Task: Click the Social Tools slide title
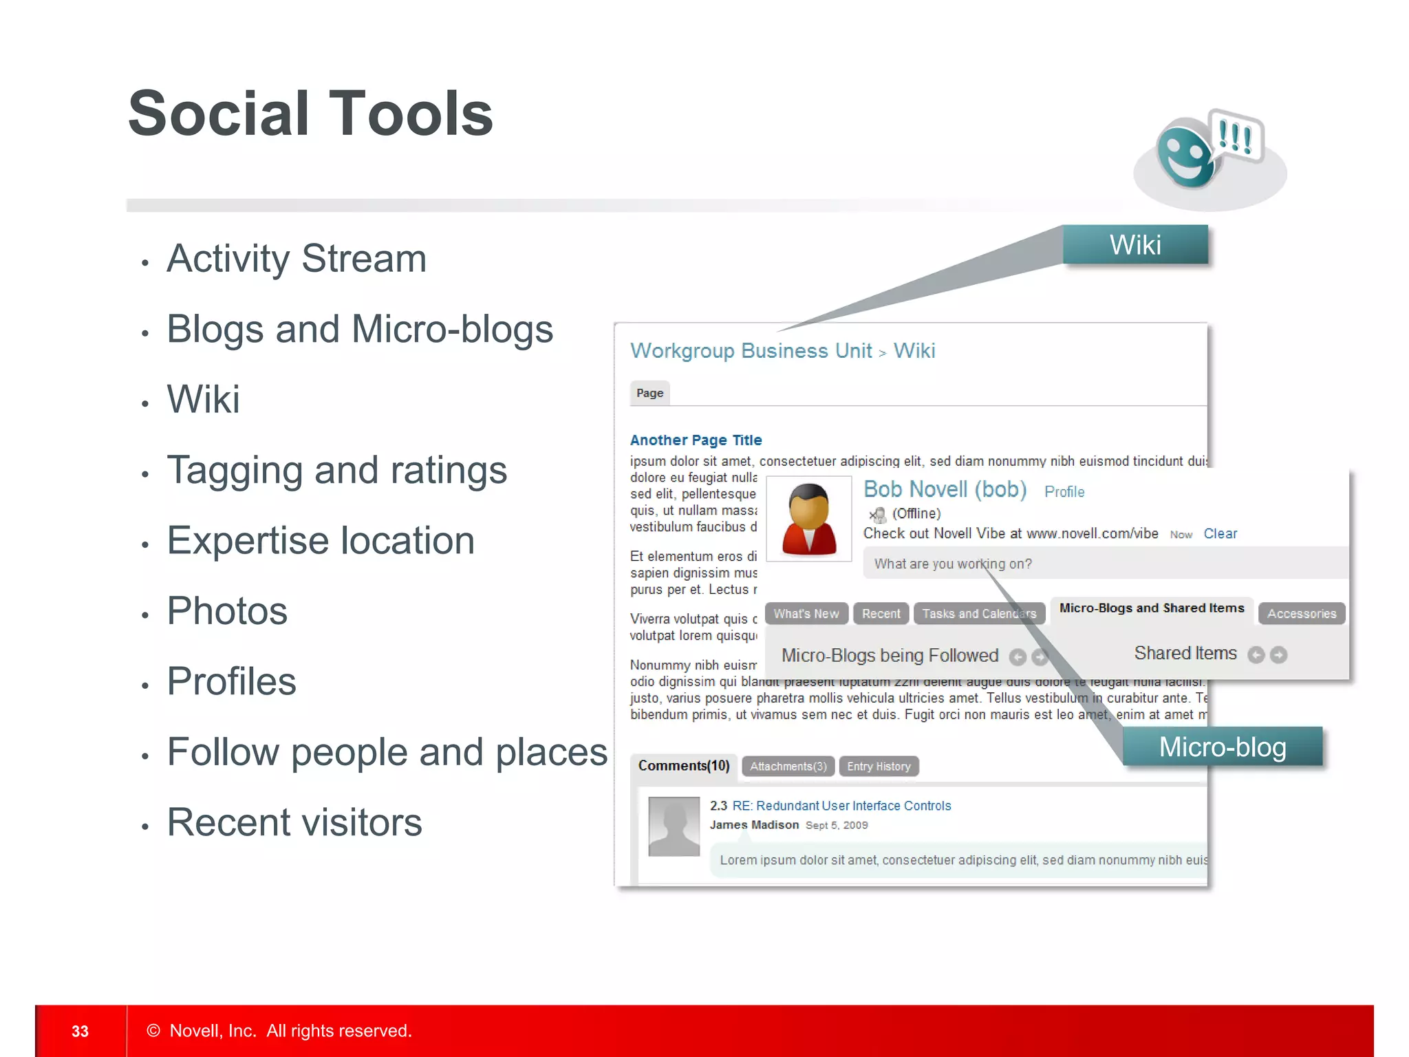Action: (x=310, y=114)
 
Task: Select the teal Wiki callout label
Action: (x=1135, y=245)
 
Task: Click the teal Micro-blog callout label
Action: (x=1222, y=747)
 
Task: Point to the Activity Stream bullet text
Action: (x=297, y=259)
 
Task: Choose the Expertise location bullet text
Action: (x=321, y=541)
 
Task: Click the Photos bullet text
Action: (x=227, y=611)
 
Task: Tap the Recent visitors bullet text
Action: (x=294, y=822)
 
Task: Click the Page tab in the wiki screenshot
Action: (x=649, y=393)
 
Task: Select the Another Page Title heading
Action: (x=696, y=440)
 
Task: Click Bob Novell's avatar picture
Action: (x=809, y=519)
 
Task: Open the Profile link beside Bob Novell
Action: (x=1064, y=492)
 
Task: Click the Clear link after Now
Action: (x=1220, y=534)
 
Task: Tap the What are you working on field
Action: (x=1101, y=564)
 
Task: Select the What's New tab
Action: (x=806, y=614)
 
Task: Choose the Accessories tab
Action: (x=1301, y=614)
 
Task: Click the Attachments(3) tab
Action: (x=788, y=767)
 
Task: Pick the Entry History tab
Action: (x=879, y=767)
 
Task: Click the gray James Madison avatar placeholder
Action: (x=674, y=826)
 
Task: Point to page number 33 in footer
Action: (x=80, y=1031)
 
